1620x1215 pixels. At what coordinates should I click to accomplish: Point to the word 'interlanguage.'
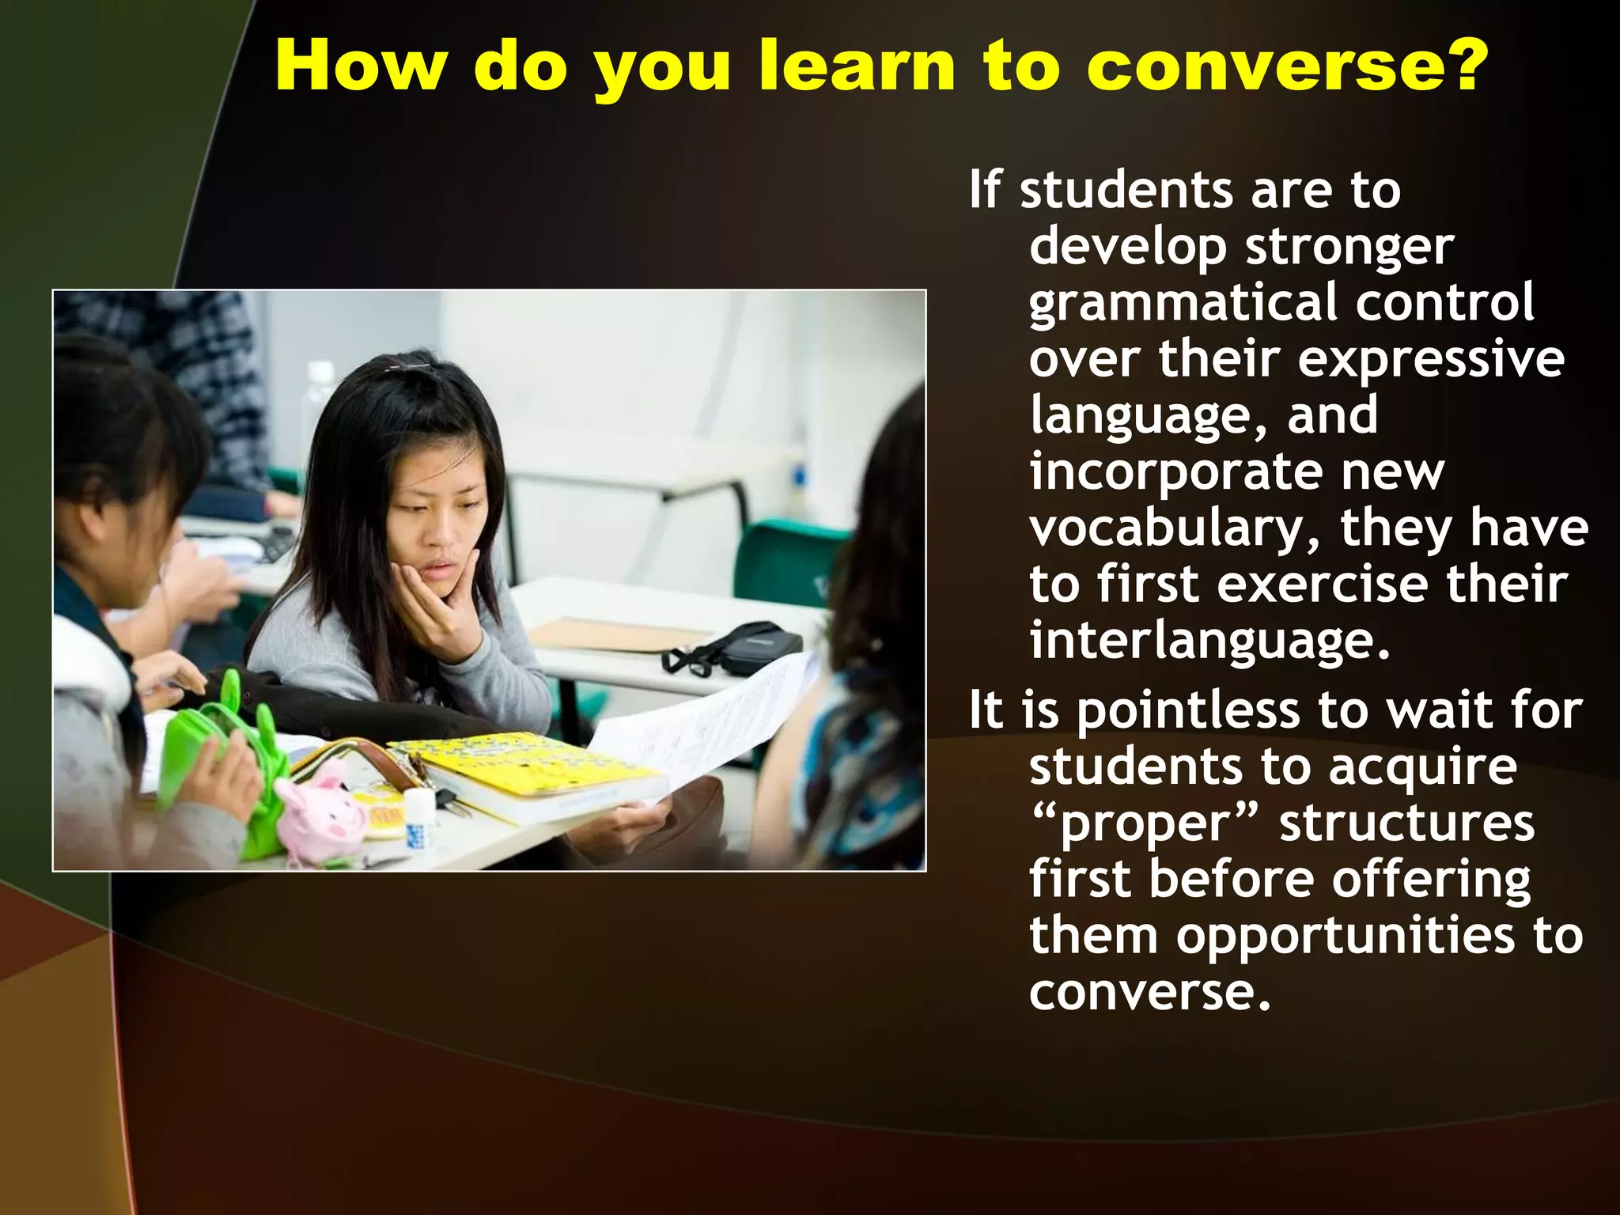(x=1209, y=640)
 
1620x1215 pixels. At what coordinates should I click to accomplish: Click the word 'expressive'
(x=1431, y=361)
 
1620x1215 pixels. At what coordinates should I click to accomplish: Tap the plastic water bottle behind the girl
(x=320, y=403)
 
